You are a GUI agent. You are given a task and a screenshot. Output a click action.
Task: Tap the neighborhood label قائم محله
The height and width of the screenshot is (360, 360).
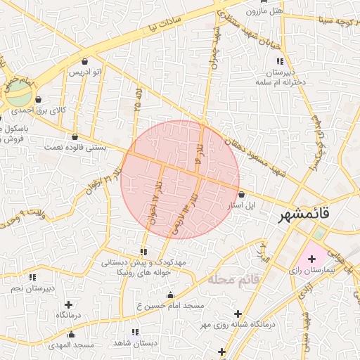pyautogui.click(x=234, y=279)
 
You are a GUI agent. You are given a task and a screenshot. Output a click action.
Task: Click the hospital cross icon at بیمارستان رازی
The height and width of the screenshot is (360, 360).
pyautogui.click(x=312, y=259)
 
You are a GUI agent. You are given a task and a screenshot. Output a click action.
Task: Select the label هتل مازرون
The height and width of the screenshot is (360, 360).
pyautogui.click(x=264, y=11)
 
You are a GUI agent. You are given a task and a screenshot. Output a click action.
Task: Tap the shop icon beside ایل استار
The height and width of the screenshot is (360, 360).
pyautogui.click(x=242, y=194)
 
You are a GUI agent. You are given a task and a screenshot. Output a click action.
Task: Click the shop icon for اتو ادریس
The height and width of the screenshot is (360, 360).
pyautogui.click(x=85, y=61)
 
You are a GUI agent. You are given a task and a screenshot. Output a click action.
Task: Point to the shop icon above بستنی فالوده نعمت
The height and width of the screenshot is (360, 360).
pyautogui.click(x=75, y=136)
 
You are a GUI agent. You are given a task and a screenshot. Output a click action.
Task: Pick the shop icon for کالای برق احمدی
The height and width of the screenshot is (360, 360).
pyautogui.click(x=38, y=100)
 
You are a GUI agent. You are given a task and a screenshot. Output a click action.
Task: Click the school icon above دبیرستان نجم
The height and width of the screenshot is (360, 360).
pyautogui.click(x=32, y=278)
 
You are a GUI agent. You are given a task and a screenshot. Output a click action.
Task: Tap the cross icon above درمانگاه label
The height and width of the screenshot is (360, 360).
pyautogui.click(x=68, y=304)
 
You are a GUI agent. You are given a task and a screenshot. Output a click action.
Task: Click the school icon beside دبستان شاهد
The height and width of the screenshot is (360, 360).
pyautogui.click(x=135, y=332)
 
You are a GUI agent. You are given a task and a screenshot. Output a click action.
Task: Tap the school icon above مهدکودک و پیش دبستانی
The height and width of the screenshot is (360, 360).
pyautogui.click(x=143, y=251)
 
